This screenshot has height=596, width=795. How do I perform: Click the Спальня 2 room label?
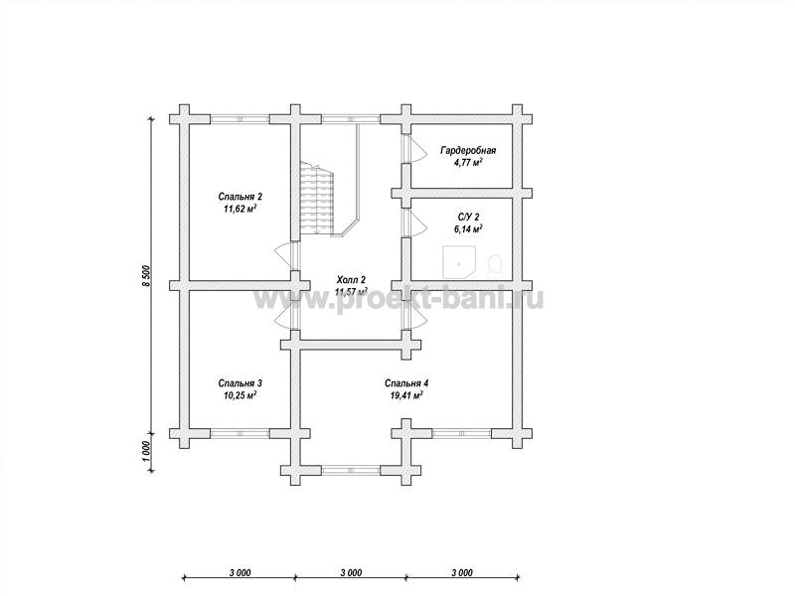pos(239,196)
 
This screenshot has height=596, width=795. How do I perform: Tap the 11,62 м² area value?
pos(239,209)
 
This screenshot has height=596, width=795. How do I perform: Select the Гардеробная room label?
pos(468,151)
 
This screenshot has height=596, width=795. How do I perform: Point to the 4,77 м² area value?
pos(468,163)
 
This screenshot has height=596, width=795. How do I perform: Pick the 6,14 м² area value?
pos(468,229)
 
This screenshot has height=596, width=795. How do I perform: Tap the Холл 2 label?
pos(351,280)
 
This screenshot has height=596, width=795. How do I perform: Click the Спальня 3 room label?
pos(239,383)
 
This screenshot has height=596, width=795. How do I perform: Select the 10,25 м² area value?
pos(239,395)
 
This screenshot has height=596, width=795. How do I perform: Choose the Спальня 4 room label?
pos(406,383)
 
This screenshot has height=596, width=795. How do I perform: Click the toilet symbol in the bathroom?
pos(494,266)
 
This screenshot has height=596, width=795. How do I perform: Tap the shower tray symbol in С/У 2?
pos(458,262)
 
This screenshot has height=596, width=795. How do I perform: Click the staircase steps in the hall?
pos(317,198)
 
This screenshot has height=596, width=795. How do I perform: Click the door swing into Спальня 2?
pos(284,257)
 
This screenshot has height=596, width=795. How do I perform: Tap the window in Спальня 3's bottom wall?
pos(239,434)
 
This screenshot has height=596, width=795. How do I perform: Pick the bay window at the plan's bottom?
pos(351,470)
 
